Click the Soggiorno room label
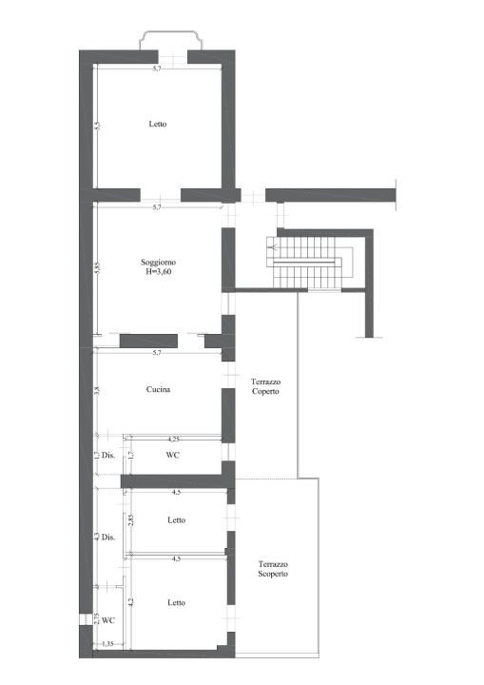pos(158,263)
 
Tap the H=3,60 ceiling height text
pos(158,272)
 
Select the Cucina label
pos(158,389)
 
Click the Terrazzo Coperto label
pos(265,386)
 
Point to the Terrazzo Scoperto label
pos(273,569)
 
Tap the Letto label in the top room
pos(158,124)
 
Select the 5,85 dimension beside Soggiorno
pos(97,267)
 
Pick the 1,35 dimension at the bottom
pos(107,643)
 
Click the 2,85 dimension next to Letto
pos(130,519)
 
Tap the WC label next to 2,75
pos(108,620)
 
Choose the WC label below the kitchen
pos(173,455)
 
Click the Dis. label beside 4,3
pos(108,538)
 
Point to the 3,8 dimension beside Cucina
pos(97,391)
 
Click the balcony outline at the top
pos(171,32)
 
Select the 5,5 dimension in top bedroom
pos(97,126)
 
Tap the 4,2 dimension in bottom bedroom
pos(130,602)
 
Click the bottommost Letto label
pos(177,603)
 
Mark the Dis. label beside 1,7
pos(108,455)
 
